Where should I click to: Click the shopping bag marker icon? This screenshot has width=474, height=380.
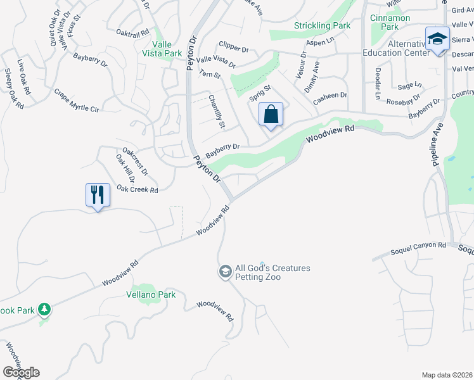[x=271, y=115]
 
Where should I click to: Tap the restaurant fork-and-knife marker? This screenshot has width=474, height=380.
[x=98, y=194]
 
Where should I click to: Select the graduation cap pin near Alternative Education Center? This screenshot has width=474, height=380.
[x=437, y=39]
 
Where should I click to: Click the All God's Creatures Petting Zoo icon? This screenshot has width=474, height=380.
[x=224, y=272]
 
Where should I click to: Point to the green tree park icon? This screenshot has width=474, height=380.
[x=44, y=310]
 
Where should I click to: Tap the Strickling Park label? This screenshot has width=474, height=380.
[x=322, y=26]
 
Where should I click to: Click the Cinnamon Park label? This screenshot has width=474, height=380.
[x=390, y=22]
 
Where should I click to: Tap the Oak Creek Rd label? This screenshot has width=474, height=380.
[x=137, y=189]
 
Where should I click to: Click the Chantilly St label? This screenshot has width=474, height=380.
[x=217, y=111]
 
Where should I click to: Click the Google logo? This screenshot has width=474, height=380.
[x=21, y=372]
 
